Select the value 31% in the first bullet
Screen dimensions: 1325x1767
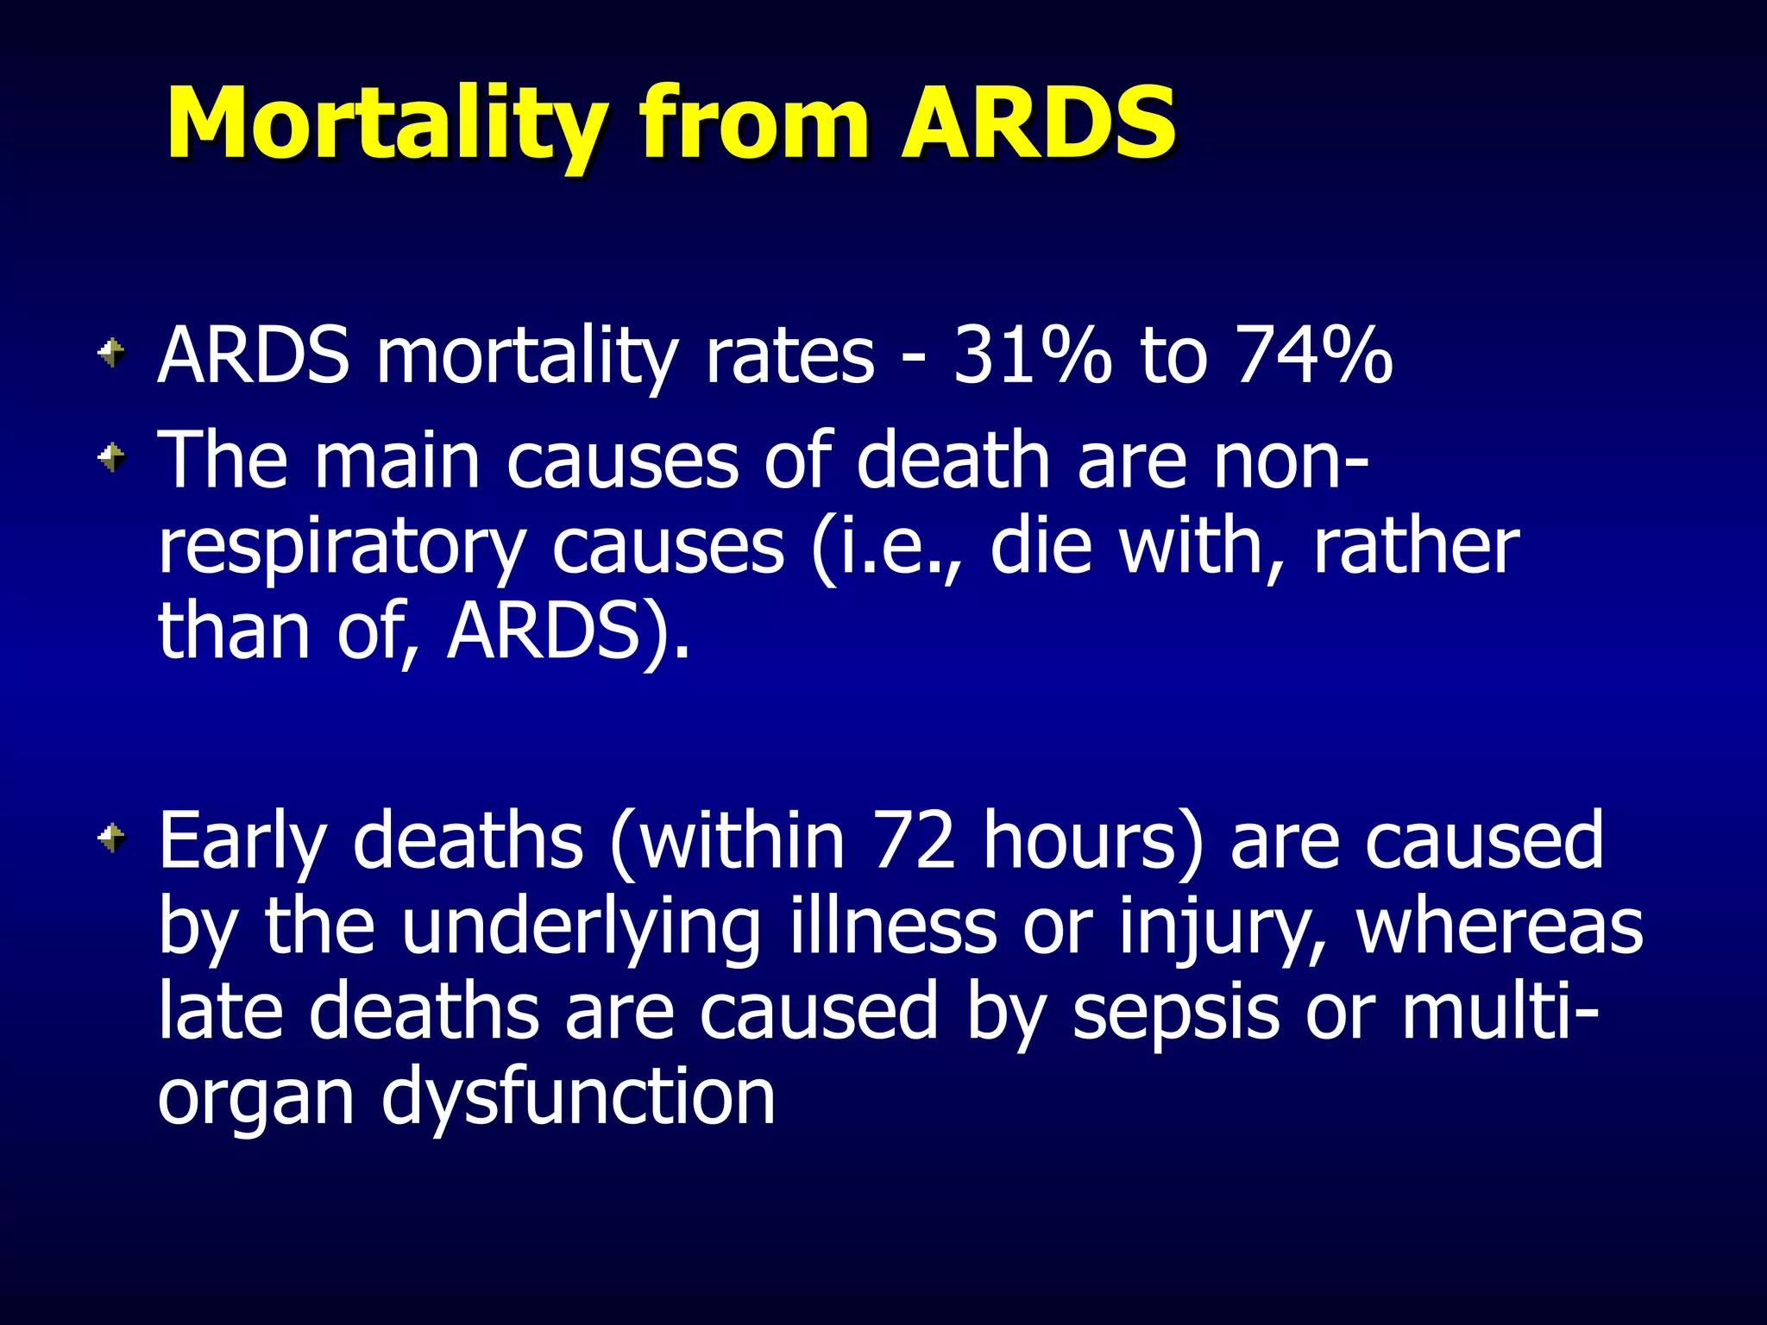1032,355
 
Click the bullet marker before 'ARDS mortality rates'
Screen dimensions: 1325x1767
111,352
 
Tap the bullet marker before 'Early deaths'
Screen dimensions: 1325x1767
111,836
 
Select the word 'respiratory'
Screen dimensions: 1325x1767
342,549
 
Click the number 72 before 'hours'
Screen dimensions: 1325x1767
914,840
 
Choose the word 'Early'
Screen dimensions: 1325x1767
242,842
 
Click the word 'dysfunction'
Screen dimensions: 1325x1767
578,1099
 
